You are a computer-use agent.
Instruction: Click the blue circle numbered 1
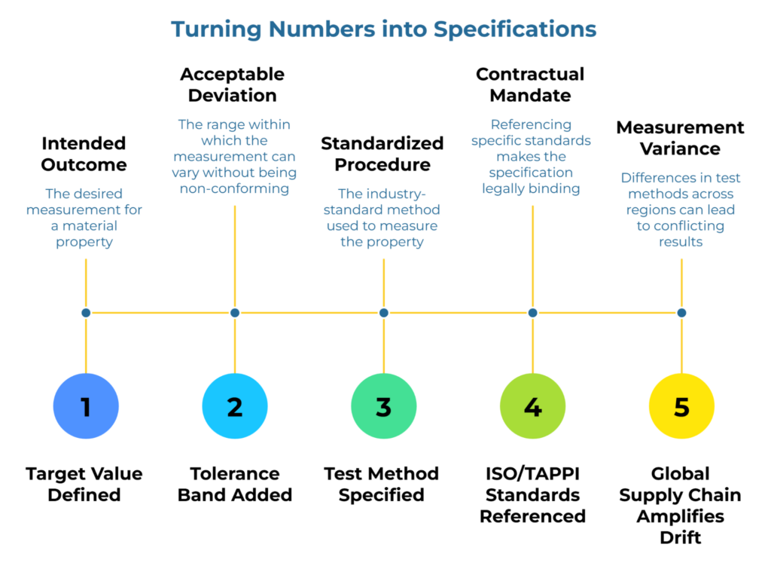86,406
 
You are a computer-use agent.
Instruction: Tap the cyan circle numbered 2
235,406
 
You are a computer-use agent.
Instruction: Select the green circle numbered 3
383,406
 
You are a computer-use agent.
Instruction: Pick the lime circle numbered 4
532,406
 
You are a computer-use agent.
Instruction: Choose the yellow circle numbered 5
681,406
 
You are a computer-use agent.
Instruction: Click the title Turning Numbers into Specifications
383,29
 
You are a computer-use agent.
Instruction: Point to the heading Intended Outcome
84,154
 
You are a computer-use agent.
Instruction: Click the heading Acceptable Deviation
233,84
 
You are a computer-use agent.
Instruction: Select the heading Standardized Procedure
382,154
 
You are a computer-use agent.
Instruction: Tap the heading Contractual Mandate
530,84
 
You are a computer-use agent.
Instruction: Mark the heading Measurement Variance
680,138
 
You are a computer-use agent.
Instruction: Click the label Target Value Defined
84,484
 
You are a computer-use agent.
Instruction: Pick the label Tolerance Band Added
235,484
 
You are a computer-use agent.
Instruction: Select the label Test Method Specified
382,484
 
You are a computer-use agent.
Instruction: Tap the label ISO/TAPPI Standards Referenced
532,494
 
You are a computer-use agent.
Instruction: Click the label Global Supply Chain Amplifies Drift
680,505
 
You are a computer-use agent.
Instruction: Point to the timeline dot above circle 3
383,312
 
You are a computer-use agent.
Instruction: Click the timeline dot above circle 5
681,312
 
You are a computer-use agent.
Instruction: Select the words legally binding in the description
531,188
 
